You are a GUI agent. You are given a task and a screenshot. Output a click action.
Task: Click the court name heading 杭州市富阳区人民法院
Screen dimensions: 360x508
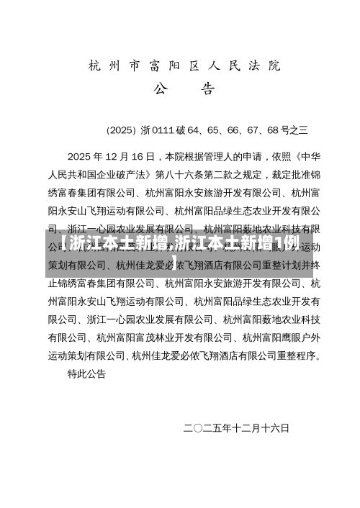point(184,66)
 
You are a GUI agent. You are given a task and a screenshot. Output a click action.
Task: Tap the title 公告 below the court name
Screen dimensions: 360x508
point(184,90)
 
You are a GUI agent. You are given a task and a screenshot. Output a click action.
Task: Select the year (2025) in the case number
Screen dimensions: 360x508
point(121,130)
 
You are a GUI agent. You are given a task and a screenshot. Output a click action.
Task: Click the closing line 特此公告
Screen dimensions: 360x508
point(86,374)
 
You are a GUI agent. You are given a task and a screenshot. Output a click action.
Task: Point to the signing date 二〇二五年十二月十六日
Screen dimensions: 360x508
point(236,428)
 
